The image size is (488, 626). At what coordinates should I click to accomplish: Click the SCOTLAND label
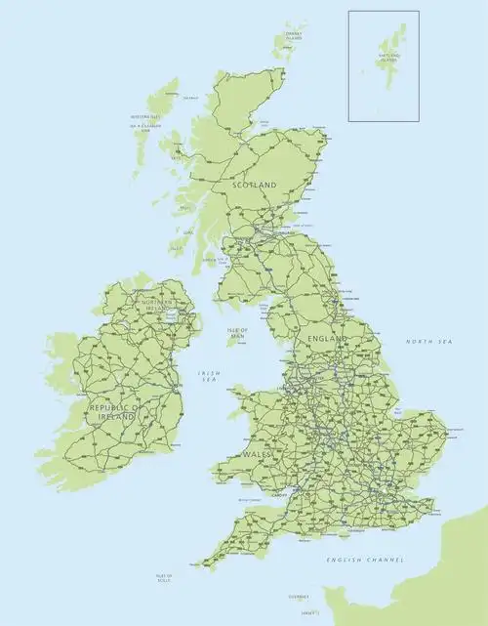tap(254, 185)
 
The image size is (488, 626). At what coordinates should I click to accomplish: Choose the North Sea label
tap(429, 342)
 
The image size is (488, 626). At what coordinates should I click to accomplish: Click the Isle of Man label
tap(238, 333)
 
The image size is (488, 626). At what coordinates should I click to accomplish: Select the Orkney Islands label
tap(293, 36)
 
